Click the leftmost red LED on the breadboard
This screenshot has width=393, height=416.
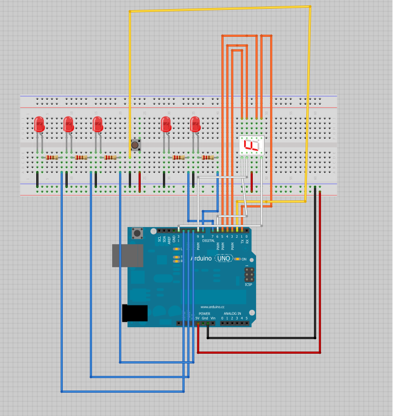tap(39, 125)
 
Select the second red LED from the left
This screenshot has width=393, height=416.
tap(68, 125)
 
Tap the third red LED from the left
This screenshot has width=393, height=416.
tap(97, 125)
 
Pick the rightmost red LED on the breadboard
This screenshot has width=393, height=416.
tap(195, 125)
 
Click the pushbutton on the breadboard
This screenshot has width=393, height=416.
tap(135, 145)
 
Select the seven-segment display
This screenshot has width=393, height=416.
tap(252, 145)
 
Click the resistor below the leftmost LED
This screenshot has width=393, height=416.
tap(52, 158)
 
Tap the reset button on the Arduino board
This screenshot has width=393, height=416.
tap(137, 234)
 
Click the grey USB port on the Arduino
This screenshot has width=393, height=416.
tap(127, 256)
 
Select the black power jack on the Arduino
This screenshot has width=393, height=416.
tap(135, 313)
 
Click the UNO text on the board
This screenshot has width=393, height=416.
tap(224, 259)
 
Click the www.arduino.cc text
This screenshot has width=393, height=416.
tap(212, 307)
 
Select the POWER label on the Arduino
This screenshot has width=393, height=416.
tap(204, 314)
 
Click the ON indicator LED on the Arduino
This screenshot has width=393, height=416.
tap(237, 259)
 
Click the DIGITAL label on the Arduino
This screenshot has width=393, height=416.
tap(208, 240)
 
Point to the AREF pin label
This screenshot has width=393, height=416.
tap(169, 239)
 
